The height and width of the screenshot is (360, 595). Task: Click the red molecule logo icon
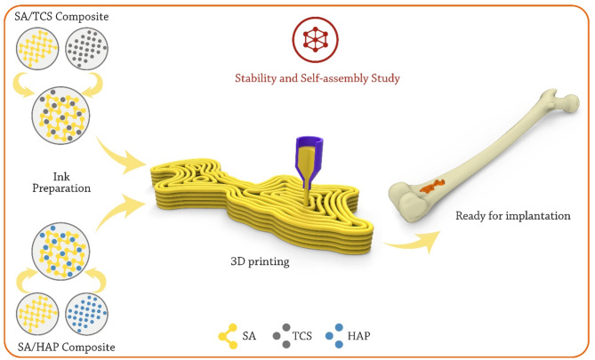pyautogui.click(x=312, y=37)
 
